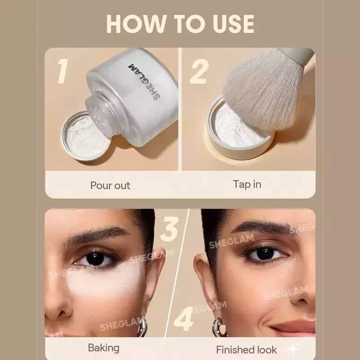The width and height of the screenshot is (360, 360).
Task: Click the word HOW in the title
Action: [136, 24]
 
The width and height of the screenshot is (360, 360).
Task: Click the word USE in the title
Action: [234, 24]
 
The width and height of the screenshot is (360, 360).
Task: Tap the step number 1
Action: [63, 71]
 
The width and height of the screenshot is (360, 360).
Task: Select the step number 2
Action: [199, 71]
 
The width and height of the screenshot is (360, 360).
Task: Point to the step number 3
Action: [170, 229]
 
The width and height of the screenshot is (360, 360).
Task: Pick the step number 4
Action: [184, 319]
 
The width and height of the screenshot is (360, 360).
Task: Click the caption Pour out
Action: [110, 185]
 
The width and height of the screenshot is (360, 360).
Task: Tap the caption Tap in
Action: [247, 184]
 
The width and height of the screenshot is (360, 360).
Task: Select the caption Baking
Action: [104, 348]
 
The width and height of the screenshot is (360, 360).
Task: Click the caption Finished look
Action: [246, 350]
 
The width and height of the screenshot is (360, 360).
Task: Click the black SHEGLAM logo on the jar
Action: [144, 81]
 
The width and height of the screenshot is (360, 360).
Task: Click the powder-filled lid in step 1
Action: [85, 136]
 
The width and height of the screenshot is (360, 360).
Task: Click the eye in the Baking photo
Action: [96, 258]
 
